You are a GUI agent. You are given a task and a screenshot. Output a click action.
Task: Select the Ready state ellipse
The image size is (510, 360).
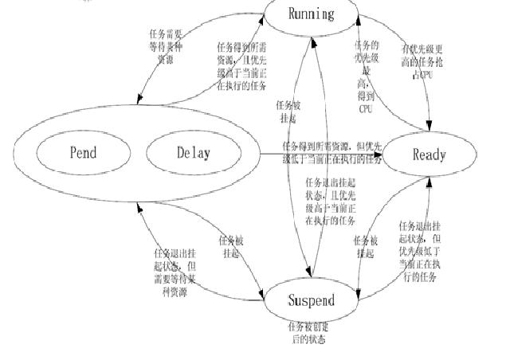click(429, 155)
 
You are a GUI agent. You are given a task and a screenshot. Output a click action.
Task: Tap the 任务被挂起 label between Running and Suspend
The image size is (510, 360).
click(286, 111)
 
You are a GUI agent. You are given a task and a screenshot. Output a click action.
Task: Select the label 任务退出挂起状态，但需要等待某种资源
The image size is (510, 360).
click(174, 270)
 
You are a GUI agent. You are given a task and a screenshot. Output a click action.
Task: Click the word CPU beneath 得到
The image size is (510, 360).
click(366, 108)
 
